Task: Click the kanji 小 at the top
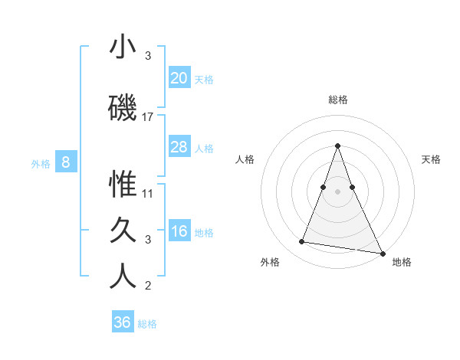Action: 123,47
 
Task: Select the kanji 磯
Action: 123,108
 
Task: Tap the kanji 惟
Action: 123,185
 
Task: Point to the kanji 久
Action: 123,231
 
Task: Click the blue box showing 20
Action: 179,77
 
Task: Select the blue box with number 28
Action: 179,147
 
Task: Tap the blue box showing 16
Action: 179,231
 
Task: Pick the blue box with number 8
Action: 66,162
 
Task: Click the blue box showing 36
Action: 123,322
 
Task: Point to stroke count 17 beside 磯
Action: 148,117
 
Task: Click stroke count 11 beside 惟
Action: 148,193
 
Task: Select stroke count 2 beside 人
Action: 148,286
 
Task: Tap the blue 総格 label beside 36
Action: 147,324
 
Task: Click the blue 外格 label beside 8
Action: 41,163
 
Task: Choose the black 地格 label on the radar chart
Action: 402,262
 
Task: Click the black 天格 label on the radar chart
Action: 431,159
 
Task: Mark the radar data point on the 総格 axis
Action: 337,145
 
